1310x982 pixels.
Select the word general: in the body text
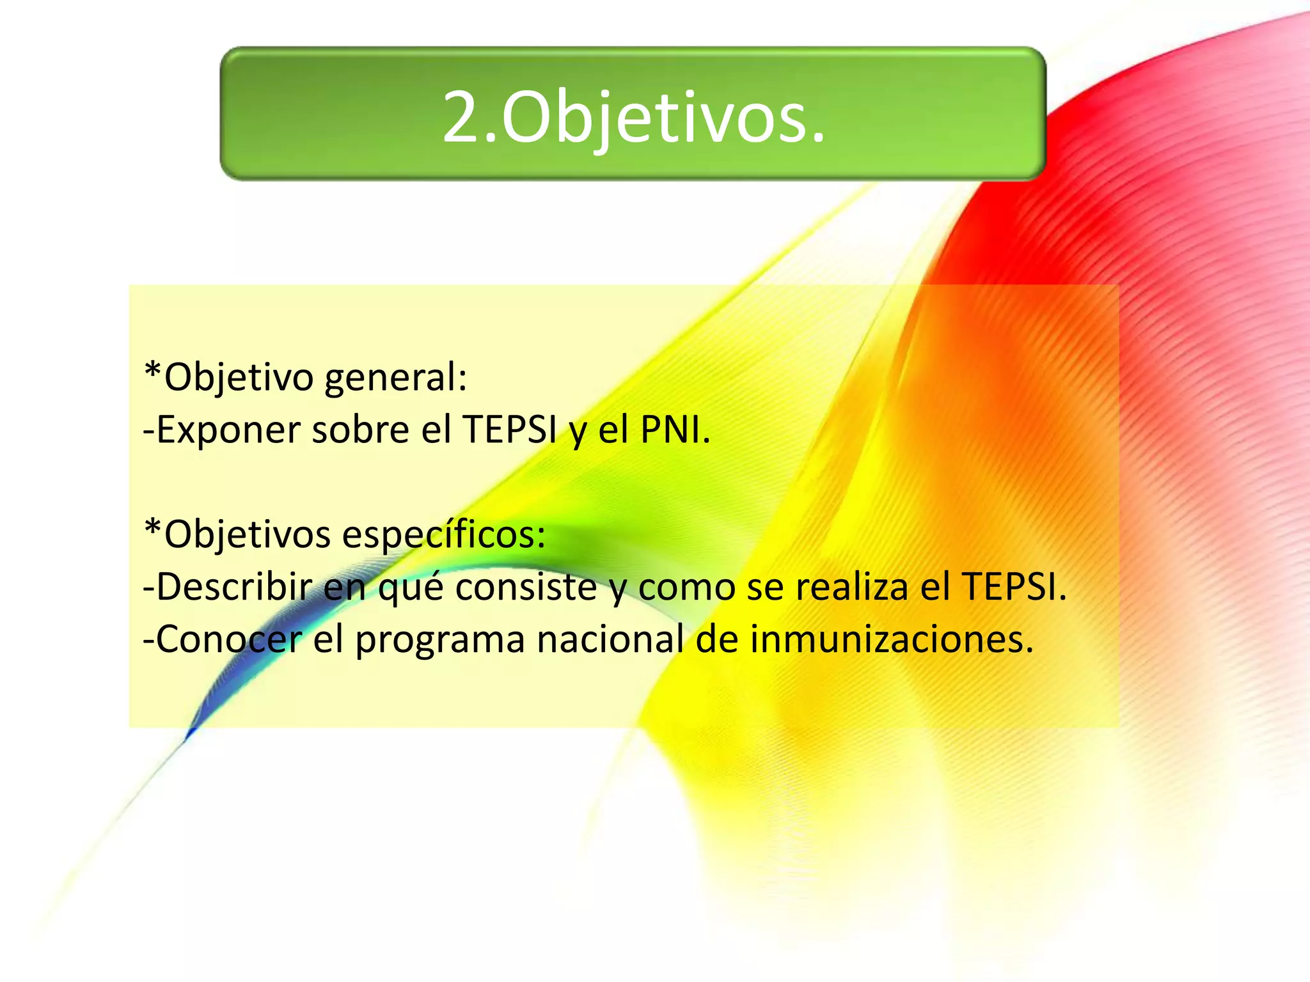coord(396,378)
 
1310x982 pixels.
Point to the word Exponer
coord(228,430)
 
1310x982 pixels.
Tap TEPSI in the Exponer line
coord(509,430)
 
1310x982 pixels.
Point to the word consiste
coord(526,587)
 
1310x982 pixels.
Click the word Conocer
coord(228,639)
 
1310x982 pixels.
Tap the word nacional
coord(610,639)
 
